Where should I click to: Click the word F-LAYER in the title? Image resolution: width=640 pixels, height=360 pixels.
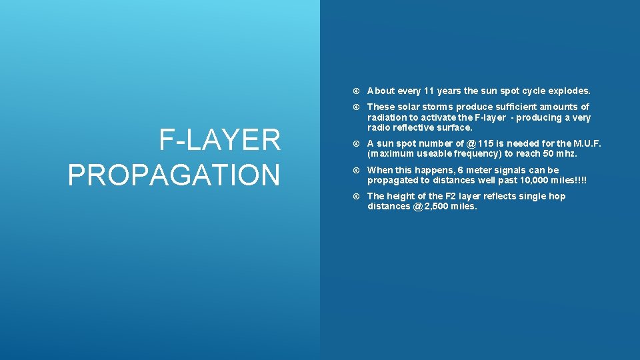click(x=219, y=141)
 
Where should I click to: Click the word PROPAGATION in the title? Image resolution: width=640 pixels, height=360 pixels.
click(x=174, y=175)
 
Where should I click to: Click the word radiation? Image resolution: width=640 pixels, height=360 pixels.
click(x=387, y=117)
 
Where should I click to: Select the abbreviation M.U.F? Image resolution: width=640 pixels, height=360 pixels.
click(x=587, y=143)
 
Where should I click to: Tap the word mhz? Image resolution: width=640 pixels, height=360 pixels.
click(x=567, y=153)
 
